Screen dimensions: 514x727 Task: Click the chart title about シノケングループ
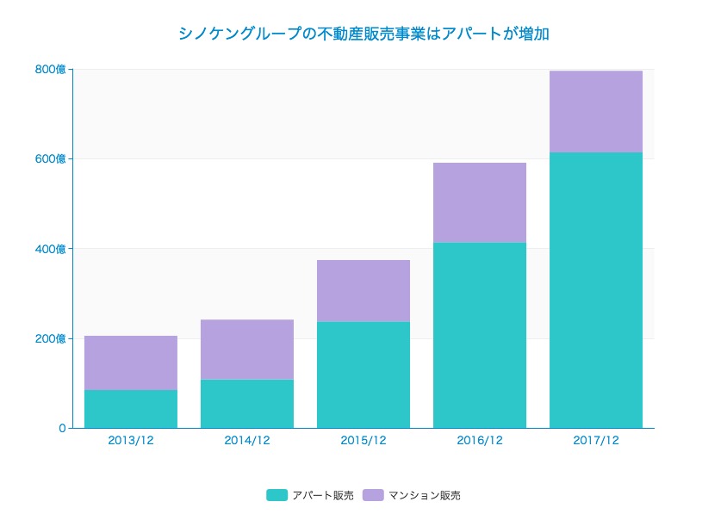click(363, 34)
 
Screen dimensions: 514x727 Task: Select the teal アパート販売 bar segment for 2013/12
click(131, 409)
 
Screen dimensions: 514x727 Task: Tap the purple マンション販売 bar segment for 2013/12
click(131, 362)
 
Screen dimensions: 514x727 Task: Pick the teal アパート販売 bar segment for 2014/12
click(247, 404)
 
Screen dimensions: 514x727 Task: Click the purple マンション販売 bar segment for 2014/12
click(247, 350)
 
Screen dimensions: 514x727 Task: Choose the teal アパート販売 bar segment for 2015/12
click(363, 375)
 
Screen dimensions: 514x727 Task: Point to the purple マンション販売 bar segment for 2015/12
click(363, 291)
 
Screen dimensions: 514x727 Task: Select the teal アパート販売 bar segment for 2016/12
click(480, 335)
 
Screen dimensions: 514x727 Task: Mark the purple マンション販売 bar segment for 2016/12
click(480, 202)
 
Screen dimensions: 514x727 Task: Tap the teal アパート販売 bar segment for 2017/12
click(596, 290)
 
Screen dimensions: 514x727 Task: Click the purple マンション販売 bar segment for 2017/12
click(596, 111)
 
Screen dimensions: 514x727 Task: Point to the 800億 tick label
click(50, 70)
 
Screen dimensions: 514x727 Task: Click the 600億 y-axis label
click(50, 159)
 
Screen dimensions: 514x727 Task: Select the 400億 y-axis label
click(50, 249)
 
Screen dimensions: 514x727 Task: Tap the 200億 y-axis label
click(50, 338)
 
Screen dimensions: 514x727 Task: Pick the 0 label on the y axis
click(62, 428)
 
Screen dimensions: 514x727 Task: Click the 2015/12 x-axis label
click(363, 440)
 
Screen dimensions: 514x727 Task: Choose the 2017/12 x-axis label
click(596, 440)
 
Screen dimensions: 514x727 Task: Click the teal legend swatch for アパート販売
click(277, 495)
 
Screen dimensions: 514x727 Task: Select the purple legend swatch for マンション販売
click(372, 495)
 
